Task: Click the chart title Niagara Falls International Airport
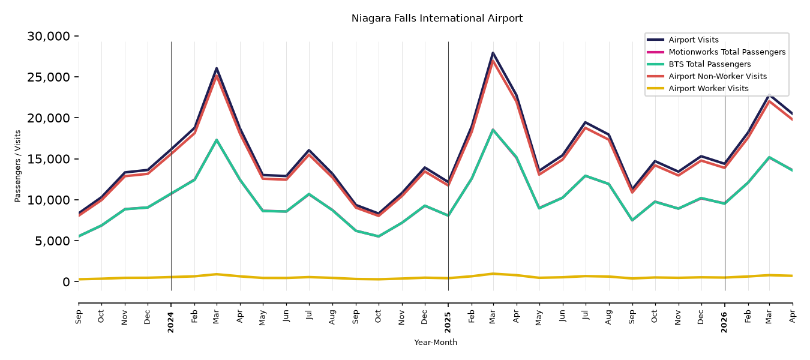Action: coord(437,18)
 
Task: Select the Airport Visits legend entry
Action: coord(693,40)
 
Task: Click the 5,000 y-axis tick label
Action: coord(52,241)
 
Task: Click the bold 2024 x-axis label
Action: coord(170,322)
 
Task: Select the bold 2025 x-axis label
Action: coord(448,322)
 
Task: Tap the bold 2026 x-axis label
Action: coord(724,322)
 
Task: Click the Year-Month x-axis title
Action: coord(436,342)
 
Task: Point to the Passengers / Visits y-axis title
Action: coord(18,166)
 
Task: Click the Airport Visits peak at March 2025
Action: coord(493,53)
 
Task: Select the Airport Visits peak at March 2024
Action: coord(217,68)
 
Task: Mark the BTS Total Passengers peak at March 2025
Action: coord(493,130)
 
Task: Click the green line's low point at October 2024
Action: coord(378,236)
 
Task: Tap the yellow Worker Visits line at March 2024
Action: coord(217,274)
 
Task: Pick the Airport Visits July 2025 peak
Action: coord(585,122)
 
